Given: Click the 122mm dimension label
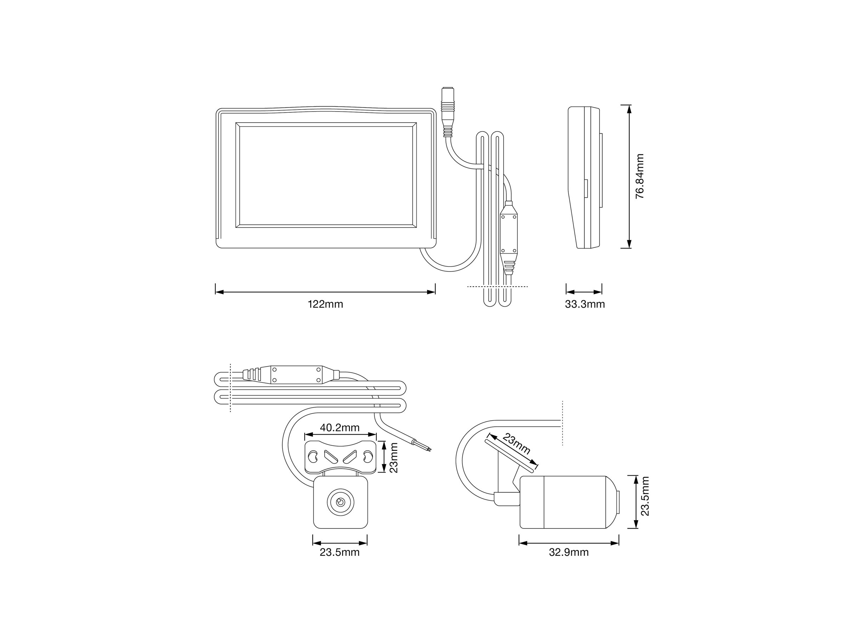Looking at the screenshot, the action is [325, 304].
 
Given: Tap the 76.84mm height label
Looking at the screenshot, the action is [639, 177].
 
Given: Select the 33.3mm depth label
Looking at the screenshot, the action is [584, 304].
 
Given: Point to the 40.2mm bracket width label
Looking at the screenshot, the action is [340, 427].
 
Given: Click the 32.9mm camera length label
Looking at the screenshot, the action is [569, 552].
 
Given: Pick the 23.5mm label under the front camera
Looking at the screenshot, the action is [340, 552].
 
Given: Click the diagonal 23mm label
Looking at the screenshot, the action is [516, 444].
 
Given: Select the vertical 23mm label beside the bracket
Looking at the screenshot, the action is [393, 457].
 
